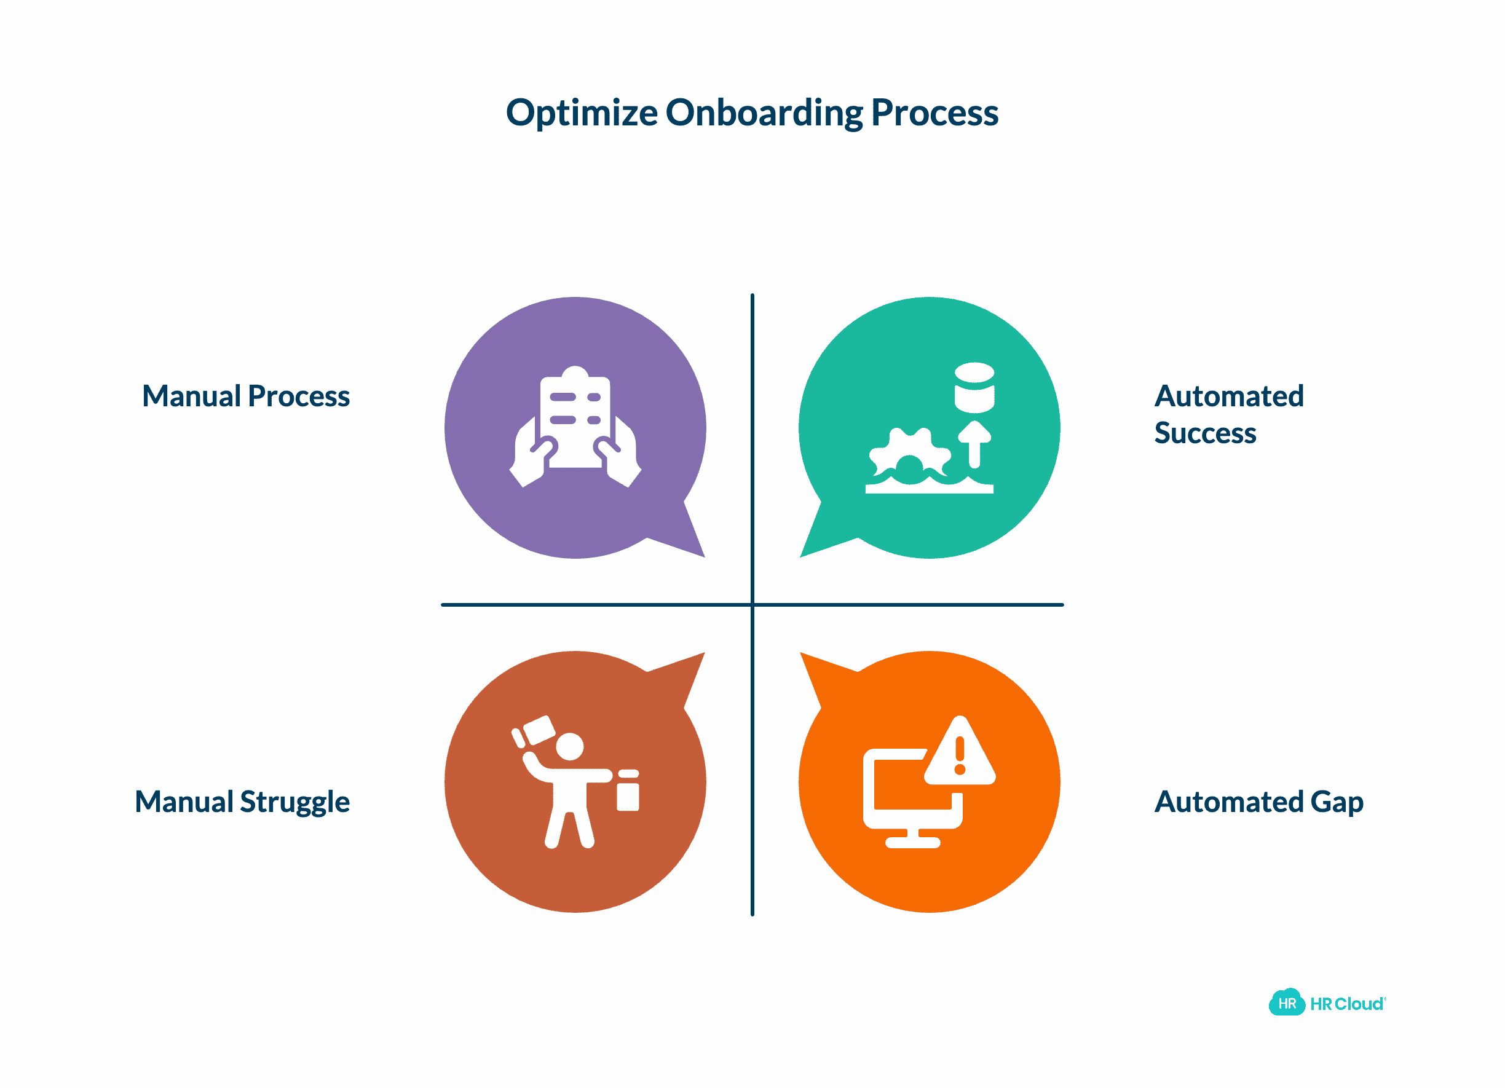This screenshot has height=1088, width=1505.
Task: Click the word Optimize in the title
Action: click(582, 112)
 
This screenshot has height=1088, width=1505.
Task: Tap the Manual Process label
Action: click(245, 396)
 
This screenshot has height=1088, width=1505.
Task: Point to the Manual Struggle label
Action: click(242, 802)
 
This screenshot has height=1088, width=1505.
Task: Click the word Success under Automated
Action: click(1205, 433)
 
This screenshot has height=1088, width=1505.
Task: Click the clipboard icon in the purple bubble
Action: click(575, 418)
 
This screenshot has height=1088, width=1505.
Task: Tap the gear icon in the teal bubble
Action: click(910, 454)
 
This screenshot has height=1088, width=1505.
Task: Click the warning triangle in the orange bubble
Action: click(960, 754)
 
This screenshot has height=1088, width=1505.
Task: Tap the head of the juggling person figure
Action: click(569, 746)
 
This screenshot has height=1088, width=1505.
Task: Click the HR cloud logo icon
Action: click(1286, 1003)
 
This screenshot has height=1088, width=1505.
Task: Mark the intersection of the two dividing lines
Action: click(752, 604)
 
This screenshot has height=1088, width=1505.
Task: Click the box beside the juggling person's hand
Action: click(628, 796)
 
